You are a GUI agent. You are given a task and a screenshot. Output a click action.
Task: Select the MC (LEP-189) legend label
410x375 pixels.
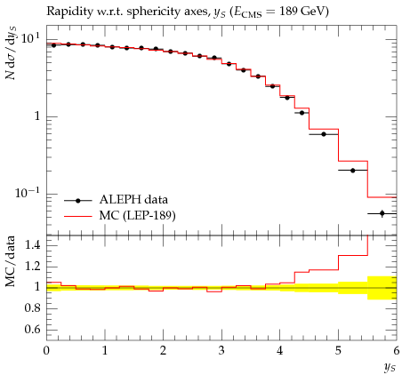138,215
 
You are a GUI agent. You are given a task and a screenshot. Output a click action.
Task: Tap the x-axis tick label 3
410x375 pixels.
221,350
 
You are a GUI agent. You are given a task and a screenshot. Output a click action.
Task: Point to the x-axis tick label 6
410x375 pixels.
397,350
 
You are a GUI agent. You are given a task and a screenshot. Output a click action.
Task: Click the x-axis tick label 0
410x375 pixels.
46,350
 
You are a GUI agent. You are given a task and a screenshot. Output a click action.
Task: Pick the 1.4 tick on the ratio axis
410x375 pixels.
33,245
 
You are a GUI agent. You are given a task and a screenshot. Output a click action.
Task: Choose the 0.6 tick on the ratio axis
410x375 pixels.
33,329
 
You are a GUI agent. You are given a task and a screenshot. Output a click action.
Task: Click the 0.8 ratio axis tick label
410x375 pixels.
33,308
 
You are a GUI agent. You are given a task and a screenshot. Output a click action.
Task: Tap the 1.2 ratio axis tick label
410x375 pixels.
33,267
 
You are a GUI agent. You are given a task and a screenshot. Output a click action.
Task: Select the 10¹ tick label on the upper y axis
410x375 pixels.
30,39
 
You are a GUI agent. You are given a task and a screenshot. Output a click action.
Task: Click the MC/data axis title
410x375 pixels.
11,261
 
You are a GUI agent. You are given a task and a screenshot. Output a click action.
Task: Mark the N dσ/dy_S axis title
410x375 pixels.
11,53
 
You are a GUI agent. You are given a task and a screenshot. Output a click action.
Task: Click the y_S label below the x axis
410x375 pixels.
390,368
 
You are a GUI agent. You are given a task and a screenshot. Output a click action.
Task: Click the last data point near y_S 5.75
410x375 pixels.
382,213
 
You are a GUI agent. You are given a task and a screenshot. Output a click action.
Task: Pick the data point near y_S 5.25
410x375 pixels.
353,171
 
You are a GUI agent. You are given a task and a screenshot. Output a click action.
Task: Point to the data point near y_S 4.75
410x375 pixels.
324,134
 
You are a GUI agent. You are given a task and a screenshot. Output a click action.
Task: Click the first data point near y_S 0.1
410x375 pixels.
53,45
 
